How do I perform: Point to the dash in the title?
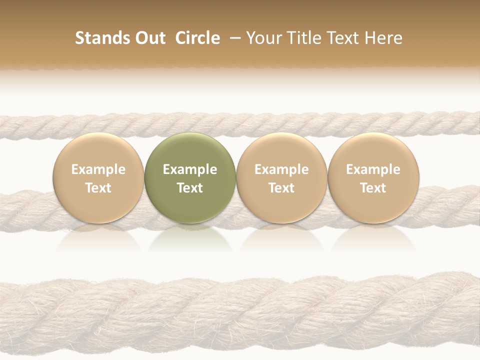pos(233,38)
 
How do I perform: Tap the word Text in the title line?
pos(337,38)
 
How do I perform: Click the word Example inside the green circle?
pos(190,169)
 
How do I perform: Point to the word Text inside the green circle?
pos(190,188)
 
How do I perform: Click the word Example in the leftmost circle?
pos(98,169)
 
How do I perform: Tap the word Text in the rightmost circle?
pos(373,188)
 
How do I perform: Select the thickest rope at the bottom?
pos(240,315)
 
